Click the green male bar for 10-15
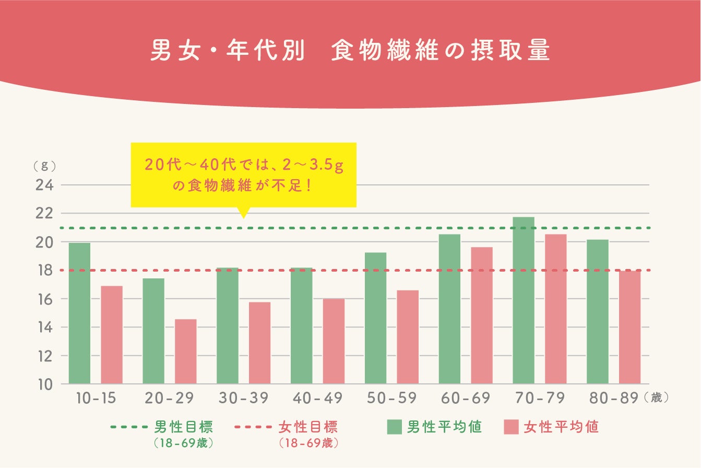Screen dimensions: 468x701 79,313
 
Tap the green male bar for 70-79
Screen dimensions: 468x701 524,300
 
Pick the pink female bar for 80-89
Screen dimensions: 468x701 629,327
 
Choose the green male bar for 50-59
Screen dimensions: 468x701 375,318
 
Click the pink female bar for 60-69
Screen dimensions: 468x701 481,315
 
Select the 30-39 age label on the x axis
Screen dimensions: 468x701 243,399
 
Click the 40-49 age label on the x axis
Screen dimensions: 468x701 317,399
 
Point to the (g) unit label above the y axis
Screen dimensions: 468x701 44,166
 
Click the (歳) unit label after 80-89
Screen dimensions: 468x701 656,398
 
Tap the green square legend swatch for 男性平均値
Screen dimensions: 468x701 394,427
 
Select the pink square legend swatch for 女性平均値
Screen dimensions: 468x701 511,427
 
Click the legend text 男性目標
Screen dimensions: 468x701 184,427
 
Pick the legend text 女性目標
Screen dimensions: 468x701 308,427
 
